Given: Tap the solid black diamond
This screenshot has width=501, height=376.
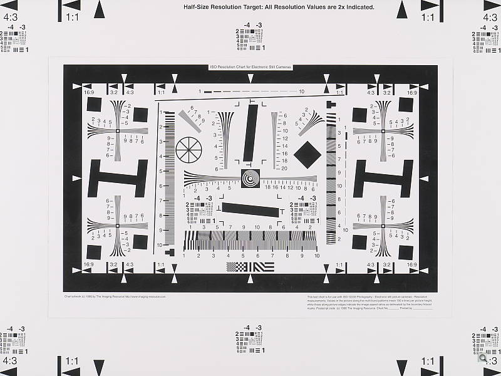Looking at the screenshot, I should (x=307, y=153).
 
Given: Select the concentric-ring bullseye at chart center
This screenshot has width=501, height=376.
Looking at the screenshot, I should (x=250, y=179).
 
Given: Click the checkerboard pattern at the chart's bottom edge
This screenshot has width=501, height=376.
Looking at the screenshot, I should (x=237, y=267).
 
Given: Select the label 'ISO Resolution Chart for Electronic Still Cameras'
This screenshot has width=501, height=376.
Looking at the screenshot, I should (x=250, y=66).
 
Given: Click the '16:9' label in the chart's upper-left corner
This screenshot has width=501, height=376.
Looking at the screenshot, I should (x=89, y=93).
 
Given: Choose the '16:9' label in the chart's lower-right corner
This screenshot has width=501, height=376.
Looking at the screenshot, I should (x=411, y=265).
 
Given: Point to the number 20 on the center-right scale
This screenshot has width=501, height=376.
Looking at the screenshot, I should (x=284, y=168).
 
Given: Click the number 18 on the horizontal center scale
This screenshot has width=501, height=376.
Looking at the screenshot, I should (x=267, y=187).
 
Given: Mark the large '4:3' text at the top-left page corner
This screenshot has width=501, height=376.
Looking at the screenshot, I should (x=10, y=18).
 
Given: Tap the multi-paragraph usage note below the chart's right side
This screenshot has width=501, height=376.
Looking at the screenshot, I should (x=369, y=301).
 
